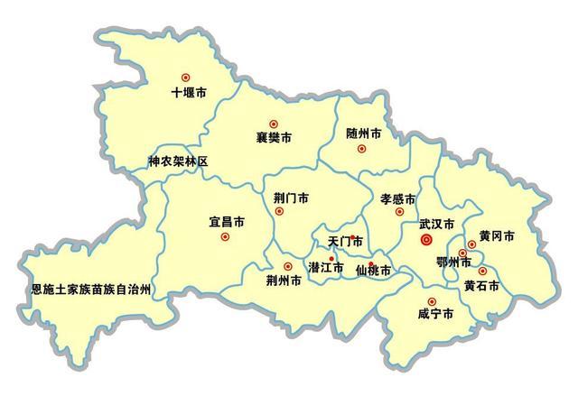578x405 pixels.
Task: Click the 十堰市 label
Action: [189, 93]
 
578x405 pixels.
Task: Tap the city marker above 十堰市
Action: [186, 78]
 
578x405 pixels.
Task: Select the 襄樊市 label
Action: [274, 139]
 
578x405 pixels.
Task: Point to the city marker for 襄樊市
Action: [274, 124]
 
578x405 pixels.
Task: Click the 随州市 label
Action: [363, 133]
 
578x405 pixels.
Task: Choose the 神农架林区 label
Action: [178, 161]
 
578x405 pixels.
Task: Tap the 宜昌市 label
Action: [226, 220]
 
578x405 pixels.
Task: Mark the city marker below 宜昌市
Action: [225, 236]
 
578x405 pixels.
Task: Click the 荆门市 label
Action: [291, 197]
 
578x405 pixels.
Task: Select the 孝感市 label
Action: [397, 198]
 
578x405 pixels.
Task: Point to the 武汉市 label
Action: [436, 222]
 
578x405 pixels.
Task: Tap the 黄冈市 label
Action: [497, 236]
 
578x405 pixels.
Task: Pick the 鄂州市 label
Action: [453, 262]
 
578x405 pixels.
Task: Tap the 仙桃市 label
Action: [373, 271]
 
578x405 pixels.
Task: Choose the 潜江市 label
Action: [326, 268]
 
